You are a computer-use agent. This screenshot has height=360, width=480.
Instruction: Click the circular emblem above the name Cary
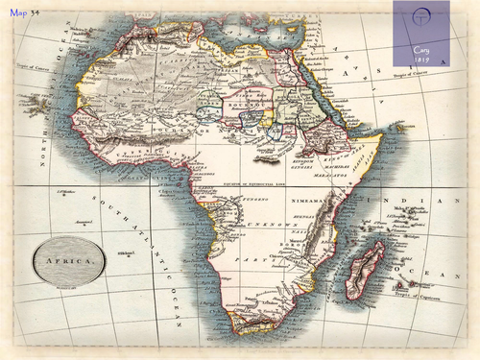pyautogui.click(x=420, y=20)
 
